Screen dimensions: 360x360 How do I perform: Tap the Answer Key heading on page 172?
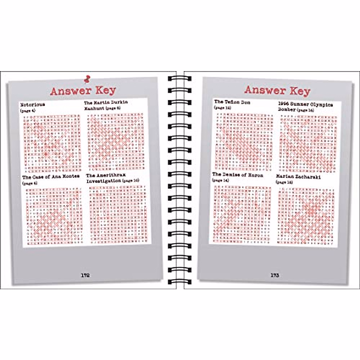point(83,91)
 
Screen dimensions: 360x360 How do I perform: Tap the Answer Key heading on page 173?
point(277,90)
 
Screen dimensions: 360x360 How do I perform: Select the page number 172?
point(85,275)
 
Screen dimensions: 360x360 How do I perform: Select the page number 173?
point(275,275)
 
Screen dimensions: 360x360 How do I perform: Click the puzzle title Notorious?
point(33,105)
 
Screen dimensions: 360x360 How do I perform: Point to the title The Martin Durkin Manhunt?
point(106,105)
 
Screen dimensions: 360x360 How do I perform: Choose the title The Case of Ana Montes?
point(51,177)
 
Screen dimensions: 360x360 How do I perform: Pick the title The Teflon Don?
point(232,102)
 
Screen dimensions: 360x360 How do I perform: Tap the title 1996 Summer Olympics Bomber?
point(305,107)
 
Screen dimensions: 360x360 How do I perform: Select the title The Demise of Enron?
point(238,175)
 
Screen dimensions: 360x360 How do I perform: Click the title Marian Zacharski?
point(298,176)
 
